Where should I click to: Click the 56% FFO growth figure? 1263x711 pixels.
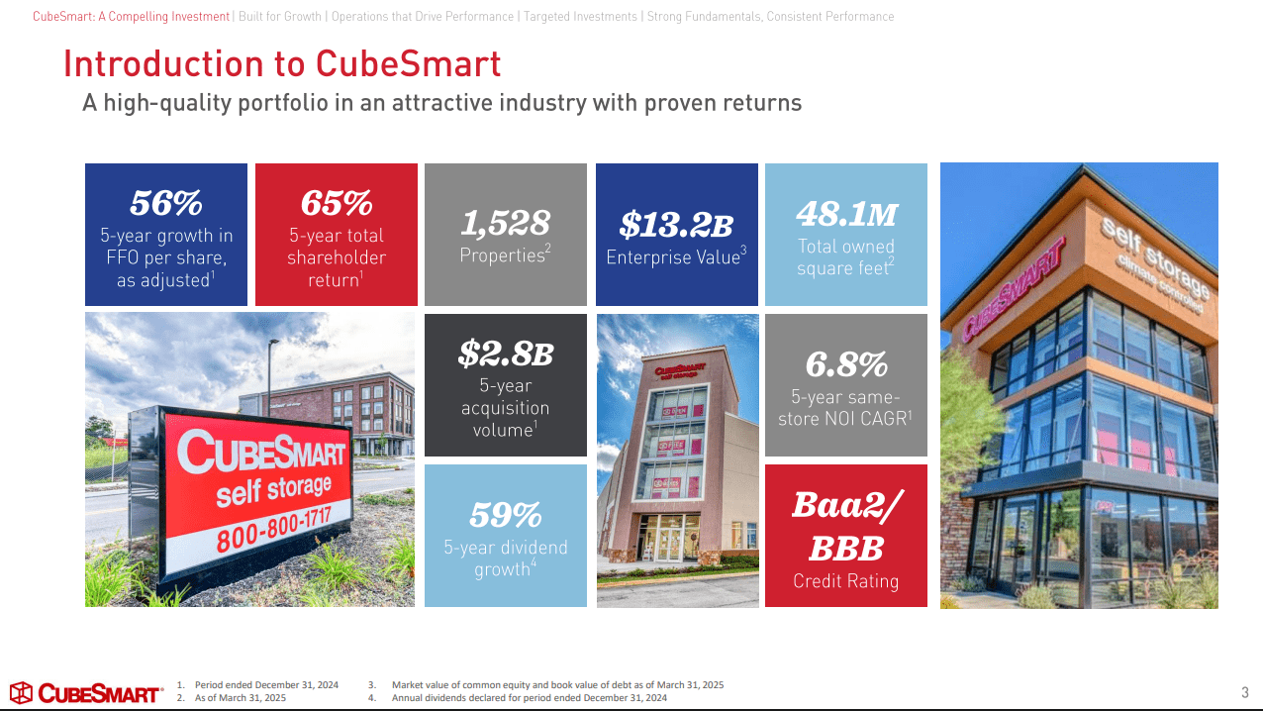coord(166,202)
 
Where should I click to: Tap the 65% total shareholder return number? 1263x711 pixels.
coord(337,202)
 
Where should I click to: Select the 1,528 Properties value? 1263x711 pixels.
coord(505,223)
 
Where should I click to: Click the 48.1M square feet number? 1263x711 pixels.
coord(846,213)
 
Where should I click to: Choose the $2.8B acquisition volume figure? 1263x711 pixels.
coord(505,352)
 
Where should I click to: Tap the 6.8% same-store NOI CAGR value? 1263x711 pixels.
coord(846,364)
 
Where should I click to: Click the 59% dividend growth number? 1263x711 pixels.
coord(505,514)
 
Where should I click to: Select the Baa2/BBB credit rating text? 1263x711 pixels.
coord(846,526)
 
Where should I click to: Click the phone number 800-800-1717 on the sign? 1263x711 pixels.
coord(273,524)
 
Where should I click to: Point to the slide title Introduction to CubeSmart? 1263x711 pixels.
coord(282,63)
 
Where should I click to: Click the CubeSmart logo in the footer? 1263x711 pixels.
coord(86,692)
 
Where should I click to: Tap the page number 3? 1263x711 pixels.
coord(1244,692)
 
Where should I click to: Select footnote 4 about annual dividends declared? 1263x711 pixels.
coord(529,698)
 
